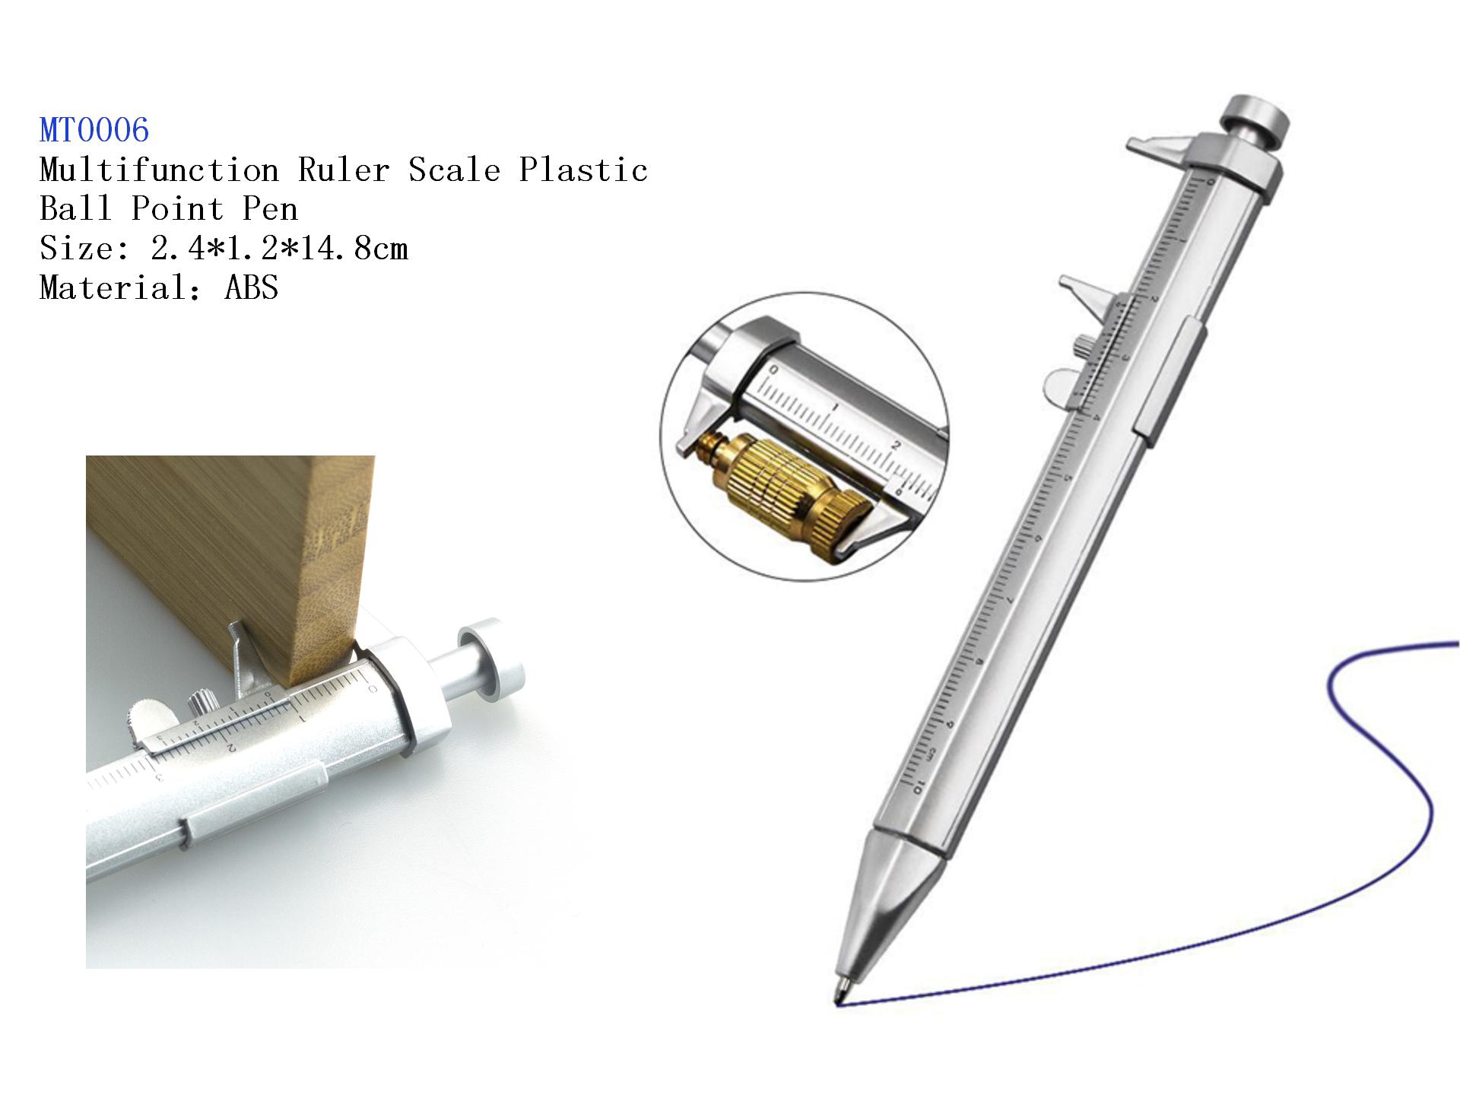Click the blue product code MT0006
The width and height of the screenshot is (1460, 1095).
(94, 130)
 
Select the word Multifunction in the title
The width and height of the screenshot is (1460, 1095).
(160, 170)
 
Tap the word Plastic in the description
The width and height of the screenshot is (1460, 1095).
(583, 170)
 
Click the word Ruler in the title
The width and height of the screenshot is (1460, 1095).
(344, 170)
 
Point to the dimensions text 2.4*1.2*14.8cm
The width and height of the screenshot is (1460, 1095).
(279, 249)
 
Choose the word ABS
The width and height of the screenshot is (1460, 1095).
(252, 288)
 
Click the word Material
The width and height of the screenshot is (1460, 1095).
(113, 288)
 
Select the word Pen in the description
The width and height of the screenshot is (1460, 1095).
(270, 209)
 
